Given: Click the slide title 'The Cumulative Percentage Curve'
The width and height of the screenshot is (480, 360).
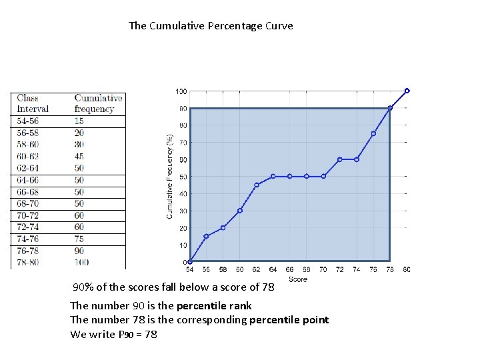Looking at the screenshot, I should point(211,26).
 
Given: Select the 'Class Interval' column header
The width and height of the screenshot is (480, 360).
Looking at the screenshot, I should point(33,103).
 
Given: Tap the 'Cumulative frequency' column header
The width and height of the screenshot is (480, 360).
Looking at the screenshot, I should point(98,103).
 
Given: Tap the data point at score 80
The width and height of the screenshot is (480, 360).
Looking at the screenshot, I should point(407,91).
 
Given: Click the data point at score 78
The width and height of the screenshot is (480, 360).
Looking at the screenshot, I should point(390,108).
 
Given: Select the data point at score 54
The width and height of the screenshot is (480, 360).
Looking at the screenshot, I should point(190,262).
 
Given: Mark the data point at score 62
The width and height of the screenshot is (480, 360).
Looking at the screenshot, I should point(257,185).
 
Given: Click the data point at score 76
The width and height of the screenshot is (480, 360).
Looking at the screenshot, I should point(373,133).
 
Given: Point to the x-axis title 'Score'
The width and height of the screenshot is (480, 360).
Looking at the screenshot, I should point(298,279).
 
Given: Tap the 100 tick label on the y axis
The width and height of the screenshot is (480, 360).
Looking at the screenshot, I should point(181,91).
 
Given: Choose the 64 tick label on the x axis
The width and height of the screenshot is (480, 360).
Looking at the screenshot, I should point(273,270).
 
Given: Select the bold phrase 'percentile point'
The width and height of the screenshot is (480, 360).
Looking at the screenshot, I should point(289,320).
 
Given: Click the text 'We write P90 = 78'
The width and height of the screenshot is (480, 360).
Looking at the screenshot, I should point(113,334).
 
